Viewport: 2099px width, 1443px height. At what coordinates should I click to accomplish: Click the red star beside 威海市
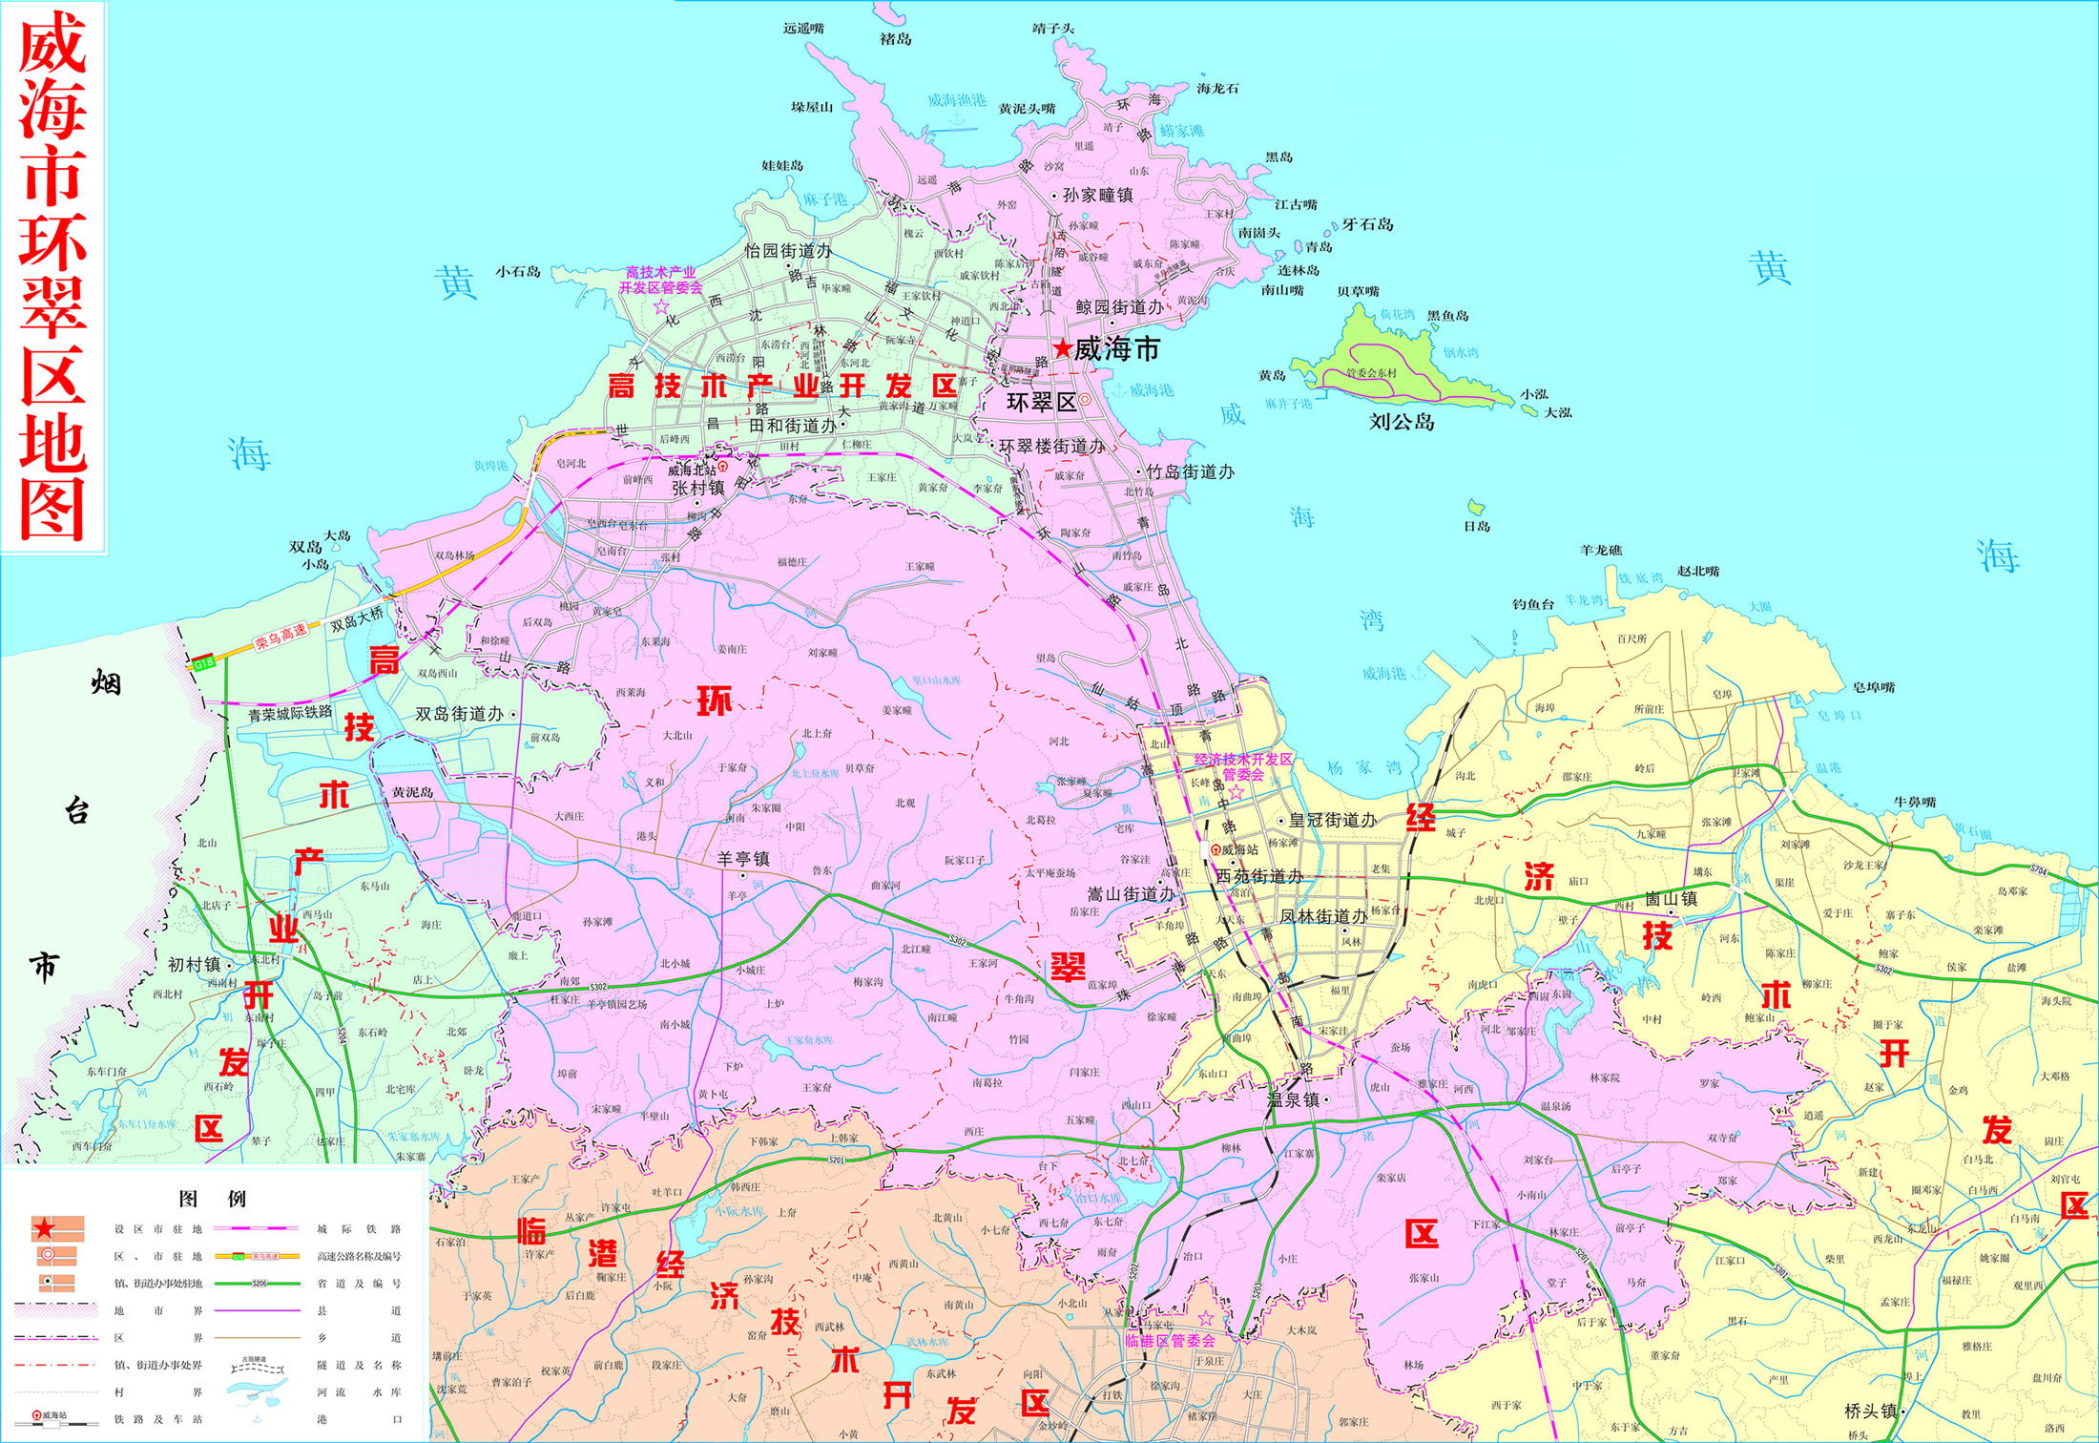click(x=1062, y=349)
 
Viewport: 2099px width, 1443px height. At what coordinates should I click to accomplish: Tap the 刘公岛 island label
click(x=1402, y=422)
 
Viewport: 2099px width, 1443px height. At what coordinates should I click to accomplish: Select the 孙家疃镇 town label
click(x=1097, y=196)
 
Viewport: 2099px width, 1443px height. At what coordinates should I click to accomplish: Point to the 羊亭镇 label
click(x=743, y=859)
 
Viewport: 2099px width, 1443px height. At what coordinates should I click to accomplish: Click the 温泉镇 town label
click(x=1293, y=1099)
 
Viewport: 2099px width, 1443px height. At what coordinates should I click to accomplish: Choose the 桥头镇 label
click(x=1870, y=1411)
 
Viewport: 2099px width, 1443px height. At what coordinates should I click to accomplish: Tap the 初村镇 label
click(x=195, y=965)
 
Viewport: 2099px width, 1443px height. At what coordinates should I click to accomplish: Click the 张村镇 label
click(x=697, y=488)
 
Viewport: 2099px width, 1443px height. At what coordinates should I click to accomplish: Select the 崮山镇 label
click(x=1671, y=899)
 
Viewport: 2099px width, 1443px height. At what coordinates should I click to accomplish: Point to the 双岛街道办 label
click(x=459, y=714)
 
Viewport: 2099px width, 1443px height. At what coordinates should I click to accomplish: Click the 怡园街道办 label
click(x=787, y=251)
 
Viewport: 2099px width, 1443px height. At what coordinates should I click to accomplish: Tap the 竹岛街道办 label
click(x=1190, y=472)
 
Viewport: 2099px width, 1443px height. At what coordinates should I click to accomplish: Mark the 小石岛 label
click(x=518, y=272)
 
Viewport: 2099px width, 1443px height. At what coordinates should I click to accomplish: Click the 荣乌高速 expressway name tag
click(x=281, y=637)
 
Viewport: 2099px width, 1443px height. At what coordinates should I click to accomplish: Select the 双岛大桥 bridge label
click(x=357, y=619)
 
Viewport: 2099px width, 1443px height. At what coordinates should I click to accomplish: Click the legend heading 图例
click(x=213, y=1199)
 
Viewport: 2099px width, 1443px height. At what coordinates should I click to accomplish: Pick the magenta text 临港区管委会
click(x=1170, y=1341)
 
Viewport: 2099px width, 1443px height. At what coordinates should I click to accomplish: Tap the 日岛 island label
click(x=1477, y=526)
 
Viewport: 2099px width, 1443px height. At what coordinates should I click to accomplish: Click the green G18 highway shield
click(x=204, y=662)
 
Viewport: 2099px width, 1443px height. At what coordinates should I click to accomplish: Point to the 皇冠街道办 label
click(x=1332, y=820)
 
